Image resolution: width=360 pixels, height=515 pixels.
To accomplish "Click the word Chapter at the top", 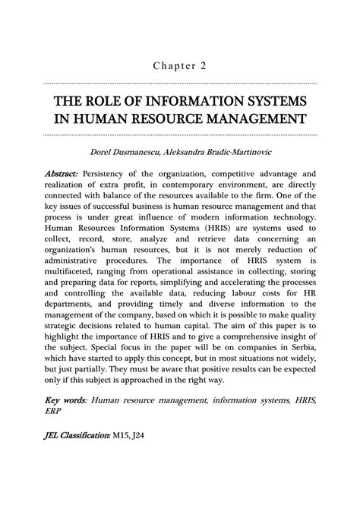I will (x=171, y=65).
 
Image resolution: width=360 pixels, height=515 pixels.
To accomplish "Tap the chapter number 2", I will (x=204, y=65).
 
